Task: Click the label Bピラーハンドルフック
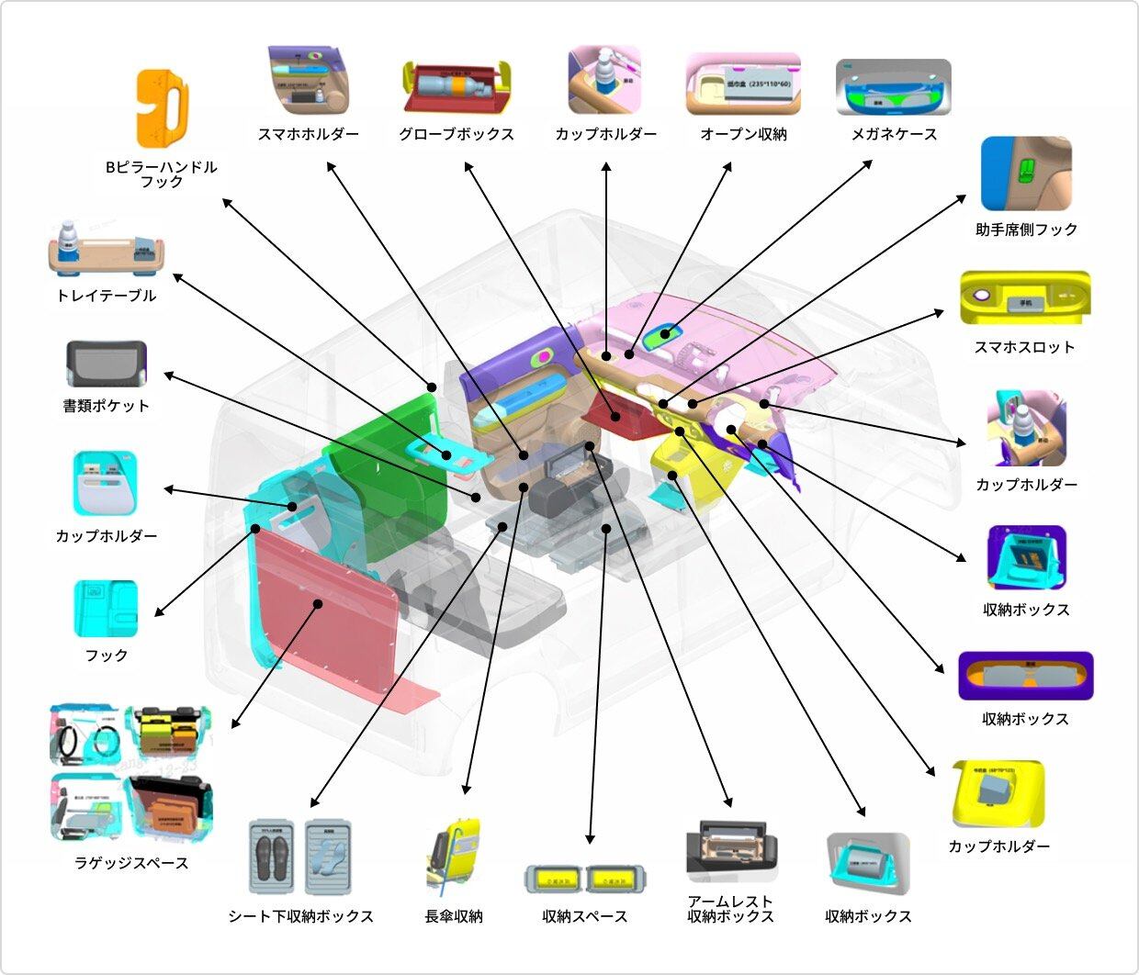(x=162, y=174)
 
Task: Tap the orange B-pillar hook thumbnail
(x=163, y=107)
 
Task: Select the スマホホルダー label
(x=308, y=134)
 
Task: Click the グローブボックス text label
(x=456, y=134)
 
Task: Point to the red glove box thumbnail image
(x=456, y=88)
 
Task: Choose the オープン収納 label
(x=743, y=134)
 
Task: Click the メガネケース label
(x=893, y=134)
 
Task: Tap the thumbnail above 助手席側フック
(x=1025, y=174)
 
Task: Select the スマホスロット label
(x=1024, y=347)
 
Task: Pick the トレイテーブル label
(x=107, y=296)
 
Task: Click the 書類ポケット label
(x=107, y=405)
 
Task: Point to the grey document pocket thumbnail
(x=107, y=364)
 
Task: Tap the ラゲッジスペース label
(x=131, y=863)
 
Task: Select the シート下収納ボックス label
(x=300, y=916)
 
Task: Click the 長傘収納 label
(x=454, y=916)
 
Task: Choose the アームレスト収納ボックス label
(x=730, y=909)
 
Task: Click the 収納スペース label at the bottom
(x=584, y=916)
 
